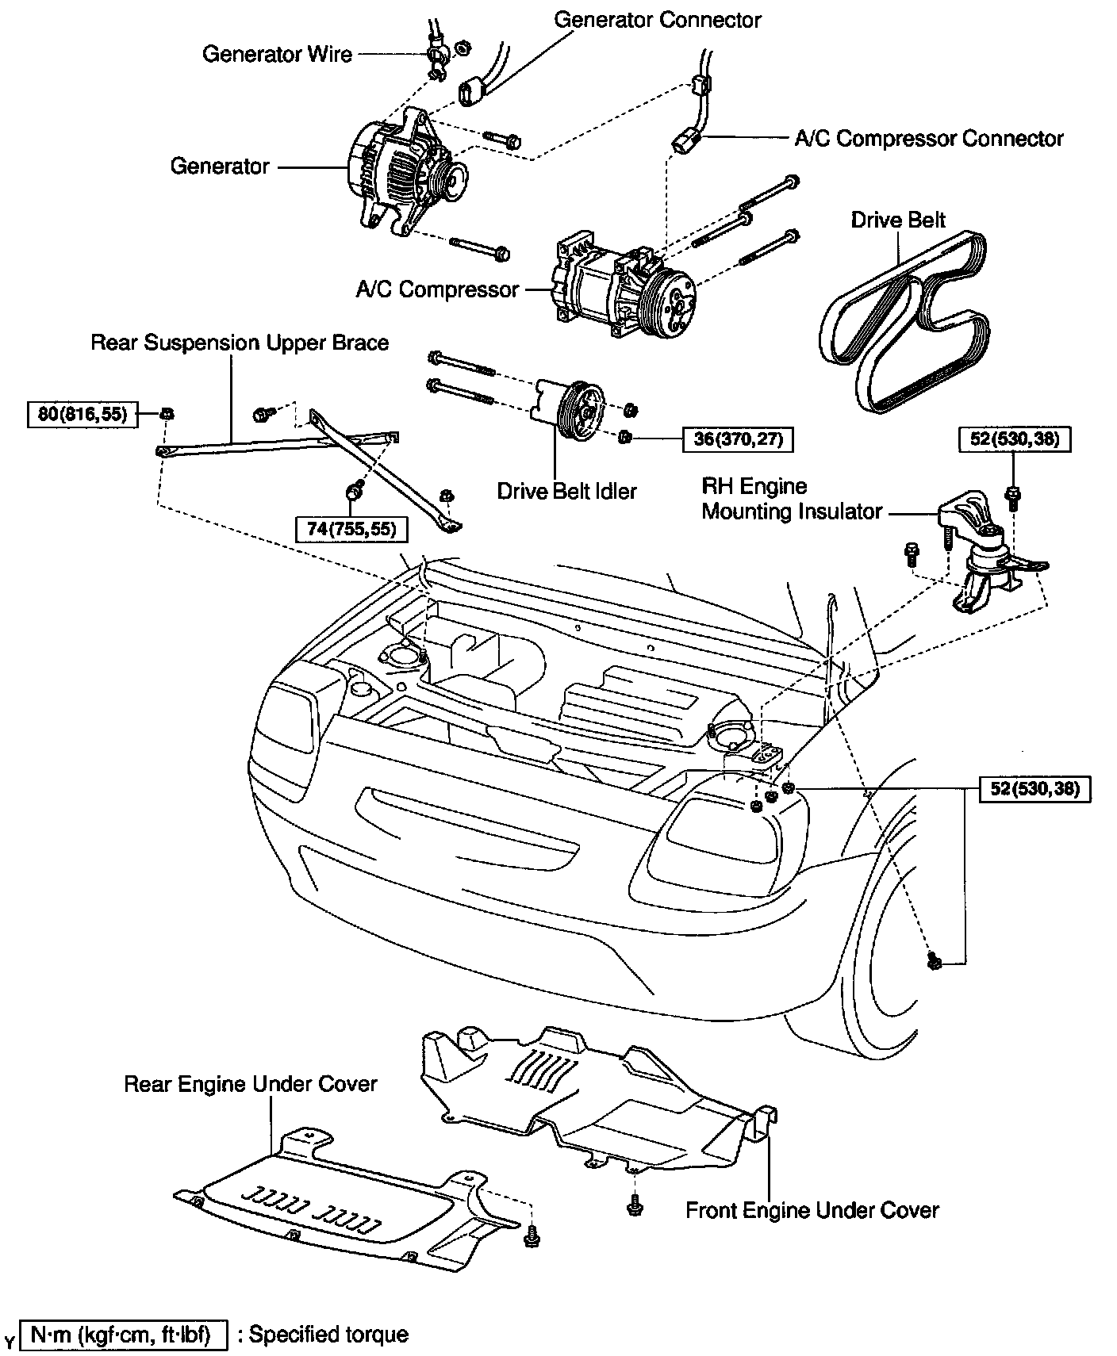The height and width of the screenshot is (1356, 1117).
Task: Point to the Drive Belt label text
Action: click(x=898, y=220)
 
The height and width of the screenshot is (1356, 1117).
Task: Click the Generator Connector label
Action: click(x=657, y=20)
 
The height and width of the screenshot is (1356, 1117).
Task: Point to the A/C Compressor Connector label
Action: click(x=928, y=139)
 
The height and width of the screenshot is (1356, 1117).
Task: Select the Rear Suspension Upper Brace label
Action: click(x=240, y=343)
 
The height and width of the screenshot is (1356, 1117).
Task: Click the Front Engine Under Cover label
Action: click(x=812, y=1211)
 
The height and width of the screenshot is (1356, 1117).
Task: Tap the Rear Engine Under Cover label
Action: click(x=250, y=1084)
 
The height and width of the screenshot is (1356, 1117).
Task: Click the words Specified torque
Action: click(x=328, y=1335)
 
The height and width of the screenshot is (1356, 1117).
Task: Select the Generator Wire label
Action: click(x=277, y=54)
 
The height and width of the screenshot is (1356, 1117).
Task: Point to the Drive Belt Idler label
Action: click(x=566, y=492)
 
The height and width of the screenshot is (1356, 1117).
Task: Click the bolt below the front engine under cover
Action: click(x=634, y=1205)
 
